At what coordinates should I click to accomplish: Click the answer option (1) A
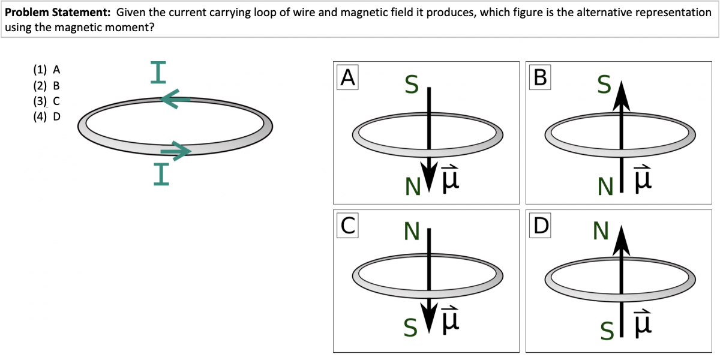(x=46, y=70)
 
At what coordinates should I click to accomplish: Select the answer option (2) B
(x=46, y=85)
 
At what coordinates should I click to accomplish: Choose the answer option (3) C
(x=46, y=101)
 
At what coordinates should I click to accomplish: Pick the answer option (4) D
(x=46, y=116)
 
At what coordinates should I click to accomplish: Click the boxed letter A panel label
(x=348, y=78)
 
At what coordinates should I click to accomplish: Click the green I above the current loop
(x=158, y=73)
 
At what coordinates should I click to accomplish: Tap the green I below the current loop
(x=161, y=173)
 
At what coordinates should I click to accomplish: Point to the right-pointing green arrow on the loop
(x=176, y=151)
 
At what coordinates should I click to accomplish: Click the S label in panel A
(x=410, y=85)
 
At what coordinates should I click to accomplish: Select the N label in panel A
(x=412, y=188)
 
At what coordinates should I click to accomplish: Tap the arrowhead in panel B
(x=621, y=96)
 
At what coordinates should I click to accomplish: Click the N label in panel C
(x=412, y=232)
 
